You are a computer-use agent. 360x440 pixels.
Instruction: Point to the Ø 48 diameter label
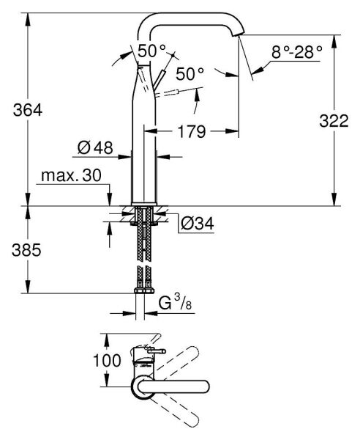coord(94,148)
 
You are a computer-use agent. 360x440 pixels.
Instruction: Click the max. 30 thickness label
coord(71,177)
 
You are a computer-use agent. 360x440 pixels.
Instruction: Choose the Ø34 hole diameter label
coord(196,223)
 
